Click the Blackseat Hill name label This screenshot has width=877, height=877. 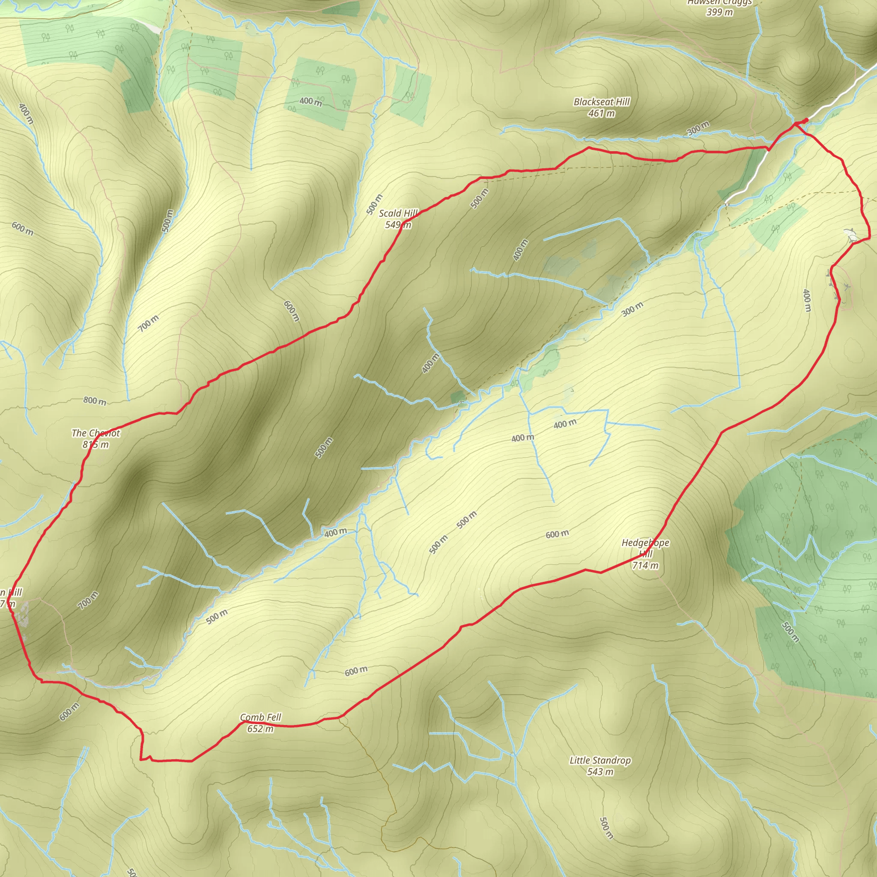click(602, 101)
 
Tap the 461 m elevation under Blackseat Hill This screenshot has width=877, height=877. click(602, 113)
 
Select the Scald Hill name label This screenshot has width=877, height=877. click(398, 213)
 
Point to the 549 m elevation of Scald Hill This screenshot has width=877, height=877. click(398, 225)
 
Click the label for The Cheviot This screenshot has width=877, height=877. click(96, 433)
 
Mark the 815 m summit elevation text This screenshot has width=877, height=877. click(96, 444)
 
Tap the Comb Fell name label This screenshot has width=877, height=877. click(260, 717)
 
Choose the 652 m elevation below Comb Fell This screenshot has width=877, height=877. click(260, 728)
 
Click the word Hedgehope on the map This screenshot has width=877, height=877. click(645, 543)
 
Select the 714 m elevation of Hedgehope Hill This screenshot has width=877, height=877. click(645, 565)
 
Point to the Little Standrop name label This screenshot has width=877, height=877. click(600, 761)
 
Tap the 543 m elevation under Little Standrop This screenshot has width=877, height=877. click(600, 772)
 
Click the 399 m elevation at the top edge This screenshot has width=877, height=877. click(719, 12)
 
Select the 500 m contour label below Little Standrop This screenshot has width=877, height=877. click(606, 828)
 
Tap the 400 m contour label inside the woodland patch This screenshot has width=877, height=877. click(311, 101)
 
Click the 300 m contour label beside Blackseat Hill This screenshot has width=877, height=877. click(698, 128)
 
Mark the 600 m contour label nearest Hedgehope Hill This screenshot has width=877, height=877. click(557, 534)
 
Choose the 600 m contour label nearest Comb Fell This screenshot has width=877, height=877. click(356, 671)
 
